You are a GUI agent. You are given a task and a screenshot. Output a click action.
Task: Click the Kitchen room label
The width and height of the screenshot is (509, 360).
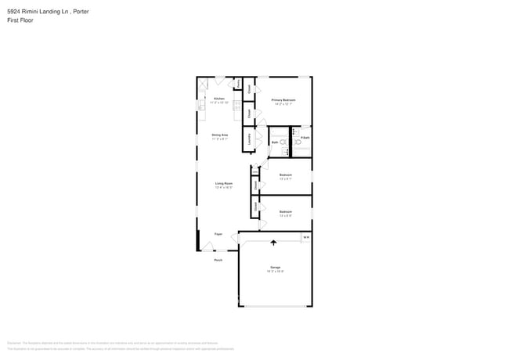click(208, 99)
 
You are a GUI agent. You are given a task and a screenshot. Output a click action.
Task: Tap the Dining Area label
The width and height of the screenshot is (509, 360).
click(219, 135)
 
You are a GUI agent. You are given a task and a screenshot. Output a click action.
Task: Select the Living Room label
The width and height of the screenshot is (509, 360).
click(224, 183)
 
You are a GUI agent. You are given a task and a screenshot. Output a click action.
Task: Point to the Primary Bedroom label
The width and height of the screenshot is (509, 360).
click(283, 100)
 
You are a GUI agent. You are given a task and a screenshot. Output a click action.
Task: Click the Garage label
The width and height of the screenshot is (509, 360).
click(276, 267)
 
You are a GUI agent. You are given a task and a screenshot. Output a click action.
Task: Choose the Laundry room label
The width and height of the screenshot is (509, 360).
click(249, 139)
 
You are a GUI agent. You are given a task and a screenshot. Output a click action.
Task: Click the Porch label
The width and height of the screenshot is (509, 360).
click(218, 260)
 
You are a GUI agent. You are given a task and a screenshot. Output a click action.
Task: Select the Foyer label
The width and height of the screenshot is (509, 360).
click(218, 234)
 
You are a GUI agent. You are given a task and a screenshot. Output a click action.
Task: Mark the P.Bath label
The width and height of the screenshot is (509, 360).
click(305, 138)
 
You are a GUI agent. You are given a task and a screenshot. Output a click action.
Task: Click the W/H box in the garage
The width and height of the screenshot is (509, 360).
click(306, 238)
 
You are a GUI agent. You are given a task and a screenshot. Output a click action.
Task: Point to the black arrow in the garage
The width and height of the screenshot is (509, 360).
click(273, 243)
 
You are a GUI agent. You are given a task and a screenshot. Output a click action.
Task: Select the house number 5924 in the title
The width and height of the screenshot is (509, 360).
click(14, 11)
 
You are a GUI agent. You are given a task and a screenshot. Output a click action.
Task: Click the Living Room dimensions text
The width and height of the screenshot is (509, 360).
click(224, 188)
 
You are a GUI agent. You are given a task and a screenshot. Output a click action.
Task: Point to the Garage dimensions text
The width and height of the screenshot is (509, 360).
click(276, 272)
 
